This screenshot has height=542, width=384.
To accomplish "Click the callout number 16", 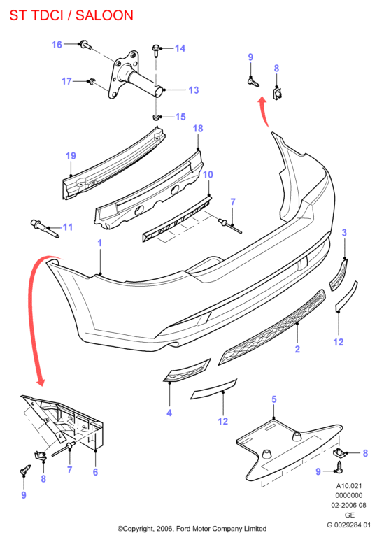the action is point(57,45).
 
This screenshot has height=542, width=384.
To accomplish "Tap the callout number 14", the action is point(180,48).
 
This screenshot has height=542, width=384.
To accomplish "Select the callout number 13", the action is point(194,90).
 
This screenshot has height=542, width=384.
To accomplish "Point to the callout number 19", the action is point(71,156).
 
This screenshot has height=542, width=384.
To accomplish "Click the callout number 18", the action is point(198,129).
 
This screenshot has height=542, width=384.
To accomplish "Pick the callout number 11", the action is point(68,227).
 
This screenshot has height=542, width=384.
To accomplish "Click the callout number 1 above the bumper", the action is point(100,243).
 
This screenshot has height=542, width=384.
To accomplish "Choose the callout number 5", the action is point(274,399).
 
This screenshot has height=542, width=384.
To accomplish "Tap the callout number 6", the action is point(95,472).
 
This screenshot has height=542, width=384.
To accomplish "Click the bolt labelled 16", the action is point(85,45).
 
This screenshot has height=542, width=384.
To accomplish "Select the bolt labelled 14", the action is point(156,50).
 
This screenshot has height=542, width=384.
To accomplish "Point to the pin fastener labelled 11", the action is point(45,228).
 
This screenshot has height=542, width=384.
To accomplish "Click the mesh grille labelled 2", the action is point(272,327).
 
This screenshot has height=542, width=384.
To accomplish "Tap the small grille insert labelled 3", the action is point(339,276).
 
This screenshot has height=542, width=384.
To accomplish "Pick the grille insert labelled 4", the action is point(187,370).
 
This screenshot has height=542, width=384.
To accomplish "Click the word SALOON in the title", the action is point(104,15).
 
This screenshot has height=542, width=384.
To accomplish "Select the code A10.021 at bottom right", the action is point(349,485).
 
